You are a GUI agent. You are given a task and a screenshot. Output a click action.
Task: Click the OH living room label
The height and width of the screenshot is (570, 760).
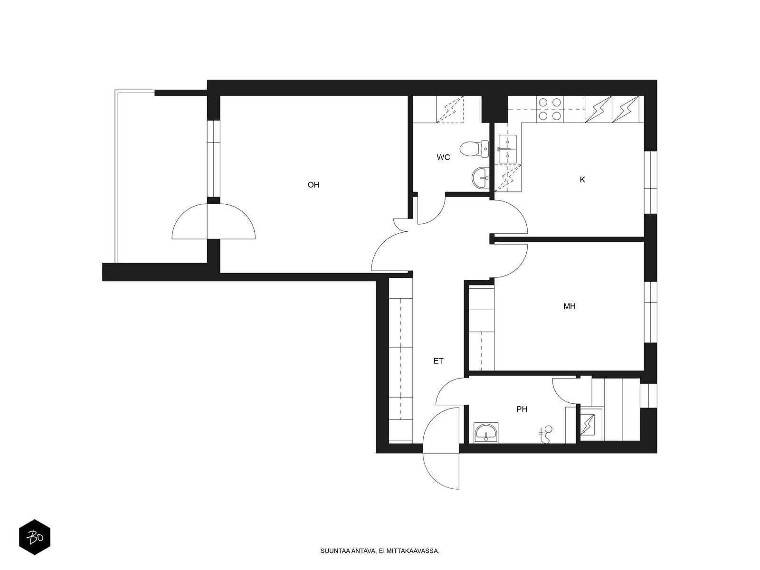pyautogui.click(x=313, y=185)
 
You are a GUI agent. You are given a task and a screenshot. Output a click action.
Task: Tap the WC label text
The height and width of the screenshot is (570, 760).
pyautogui.click(x=443, y=158)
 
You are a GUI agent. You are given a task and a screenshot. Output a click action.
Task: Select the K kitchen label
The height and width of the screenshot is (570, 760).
pyautogui.click(x=582, y=180)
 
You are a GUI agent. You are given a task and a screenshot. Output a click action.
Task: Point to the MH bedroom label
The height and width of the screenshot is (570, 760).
pyautogui.click(x=569, y=306)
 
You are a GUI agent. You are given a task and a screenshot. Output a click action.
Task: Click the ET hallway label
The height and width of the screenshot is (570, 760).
pyautogui.click(x=438, y=361)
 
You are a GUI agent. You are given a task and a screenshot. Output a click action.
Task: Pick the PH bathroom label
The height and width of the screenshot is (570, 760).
pyautogui.click(x=522, y=409)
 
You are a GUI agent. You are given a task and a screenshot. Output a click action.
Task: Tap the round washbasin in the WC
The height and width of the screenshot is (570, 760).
pyautogui.click(x=480, y=178)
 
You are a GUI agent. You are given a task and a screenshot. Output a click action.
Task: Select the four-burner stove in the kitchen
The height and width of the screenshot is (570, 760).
pyautogui.click(x=550, y=109)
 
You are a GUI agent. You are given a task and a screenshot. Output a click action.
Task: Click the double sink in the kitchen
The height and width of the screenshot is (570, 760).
pyautogui.click(x=508, y=149)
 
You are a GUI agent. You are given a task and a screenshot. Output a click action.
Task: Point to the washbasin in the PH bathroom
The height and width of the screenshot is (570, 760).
pyautogui.click(x=485, y=433)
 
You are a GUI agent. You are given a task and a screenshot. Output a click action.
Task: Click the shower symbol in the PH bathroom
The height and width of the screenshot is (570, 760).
pyautogui.click(x=546, y=434)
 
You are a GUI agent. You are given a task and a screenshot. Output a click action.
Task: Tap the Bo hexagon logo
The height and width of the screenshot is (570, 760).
pyautogui.click(x=35, y=538)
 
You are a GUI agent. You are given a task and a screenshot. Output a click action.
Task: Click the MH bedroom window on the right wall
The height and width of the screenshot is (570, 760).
pyautogui.click(x=650, y=312)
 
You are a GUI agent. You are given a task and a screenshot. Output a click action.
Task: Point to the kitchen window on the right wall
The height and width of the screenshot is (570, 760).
pyautogui.click(x=650, y=182)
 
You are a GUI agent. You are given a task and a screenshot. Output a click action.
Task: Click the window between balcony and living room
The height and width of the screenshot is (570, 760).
pyautogui.click(x=214, y=159)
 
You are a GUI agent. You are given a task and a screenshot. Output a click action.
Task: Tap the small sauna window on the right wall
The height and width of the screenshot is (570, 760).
pyautogui.click(x=648, y=396)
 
